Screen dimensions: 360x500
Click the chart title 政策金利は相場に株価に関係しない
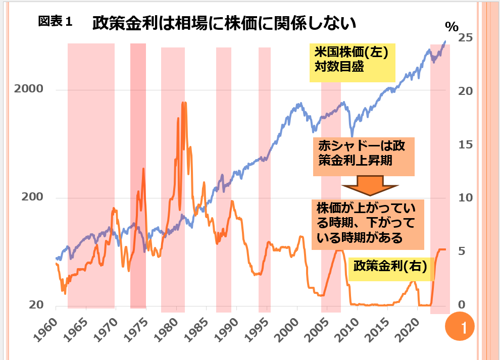225,23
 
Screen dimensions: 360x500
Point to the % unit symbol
452,26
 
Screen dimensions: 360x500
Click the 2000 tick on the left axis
29,89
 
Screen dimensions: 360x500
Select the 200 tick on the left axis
32,197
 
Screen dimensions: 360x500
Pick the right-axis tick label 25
465,38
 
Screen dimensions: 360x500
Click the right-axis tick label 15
465,145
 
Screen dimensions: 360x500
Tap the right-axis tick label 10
465,198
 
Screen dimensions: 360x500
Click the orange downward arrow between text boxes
370,185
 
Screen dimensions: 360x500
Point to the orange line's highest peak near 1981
185,103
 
